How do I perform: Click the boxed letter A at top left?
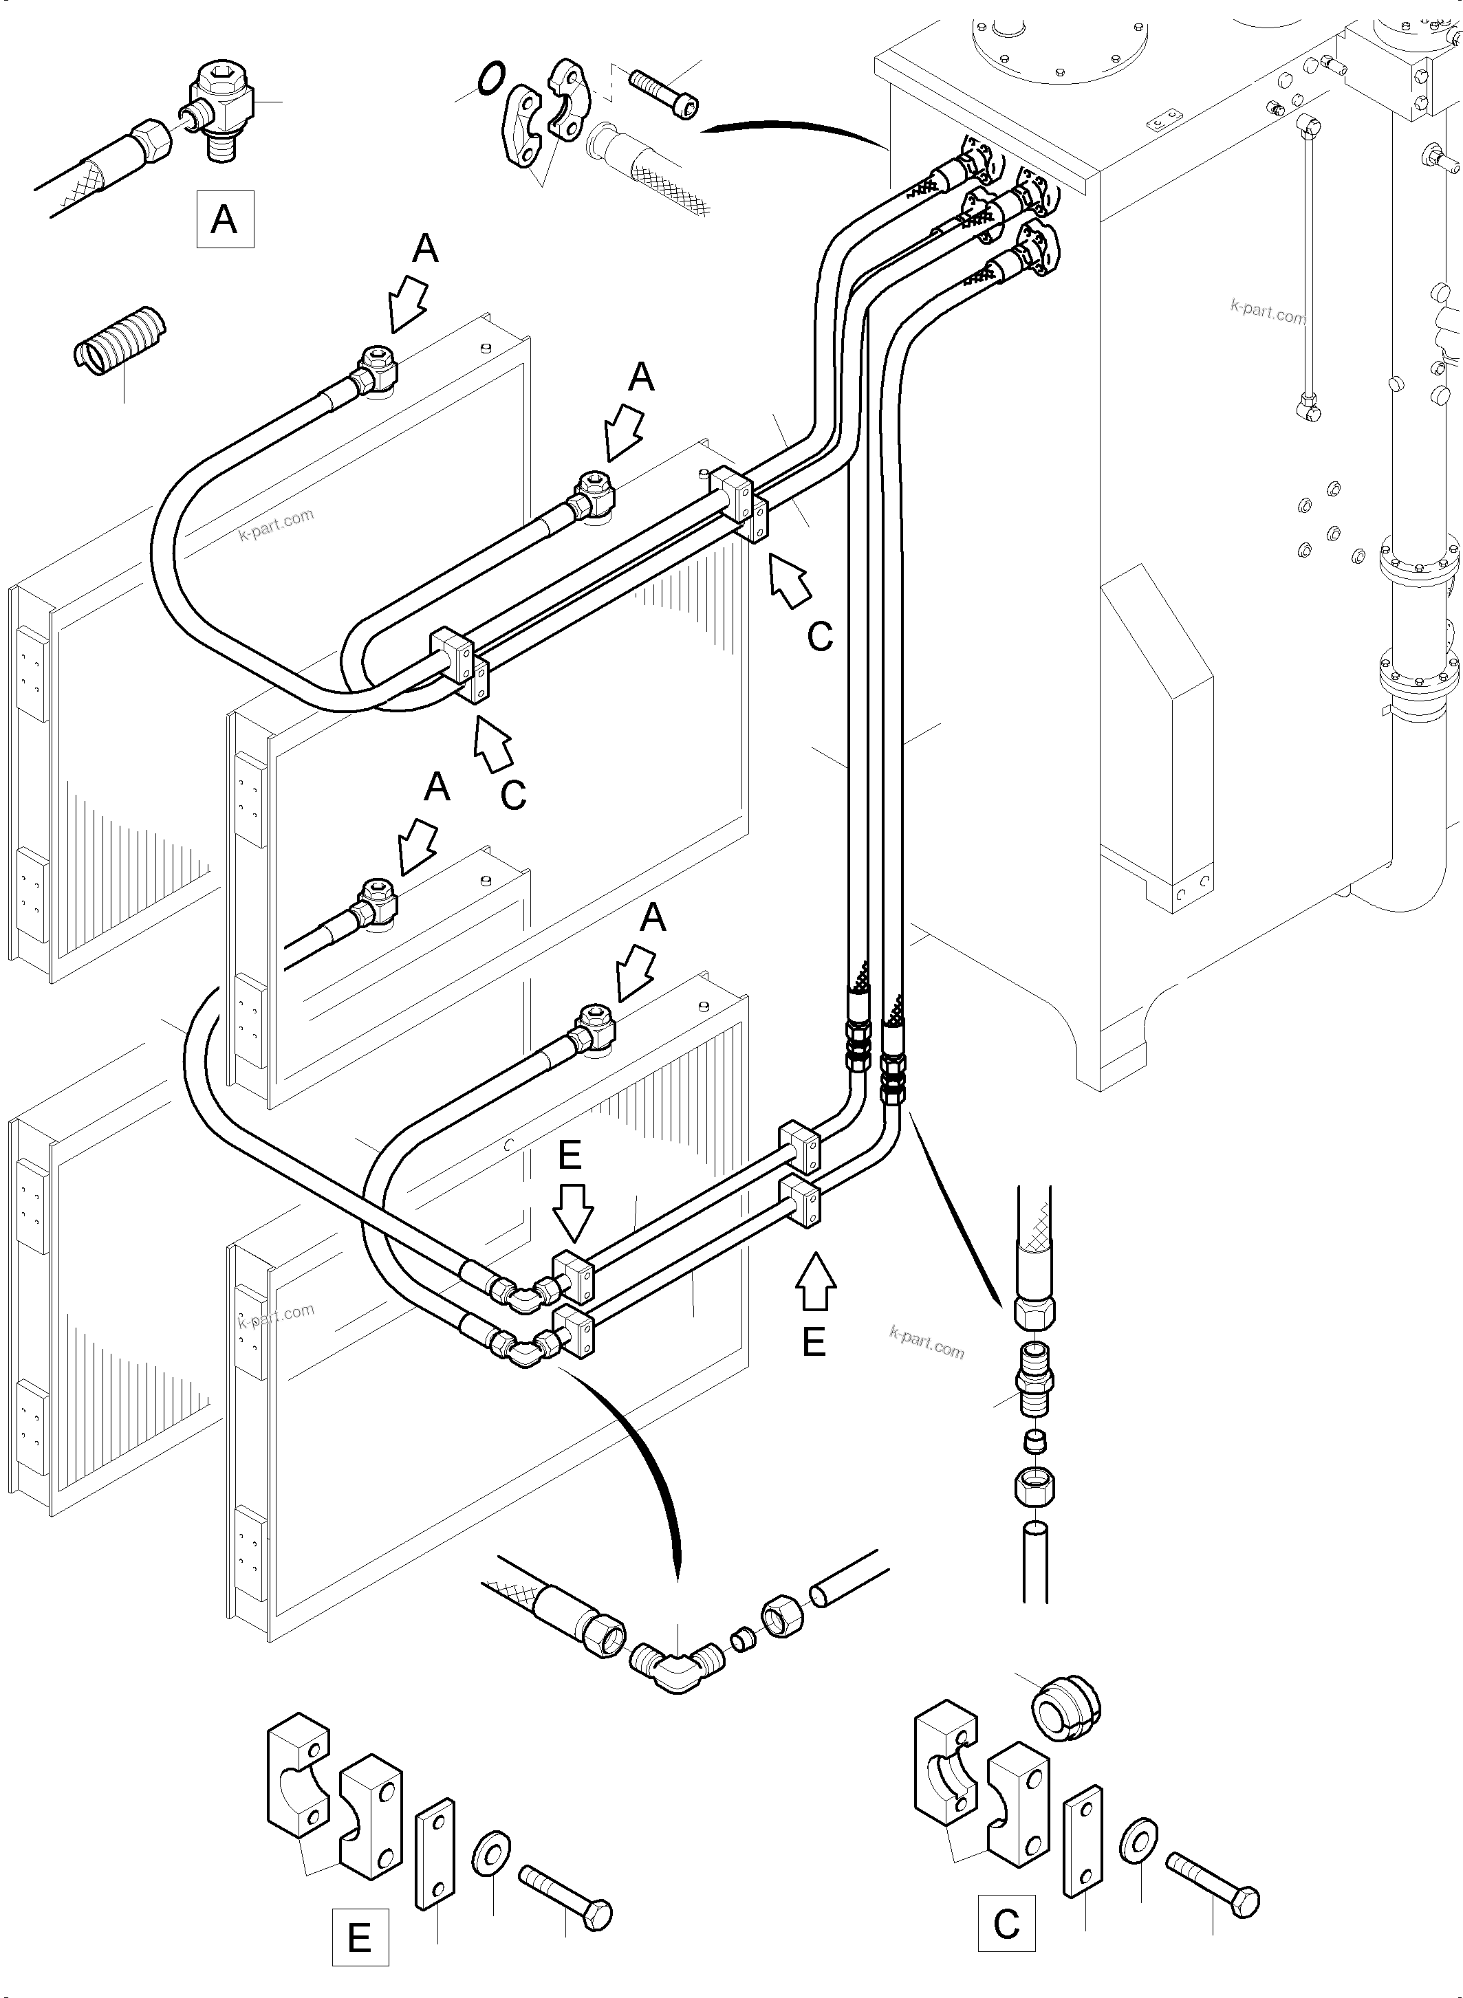(x=224, y=218)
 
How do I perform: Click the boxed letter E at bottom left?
(x=360, y=1937)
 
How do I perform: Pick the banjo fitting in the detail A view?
(x=221, y=118)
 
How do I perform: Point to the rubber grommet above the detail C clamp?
(x=1066, y=1705)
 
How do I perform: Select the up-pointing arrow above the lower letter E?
(x=816, y=1282)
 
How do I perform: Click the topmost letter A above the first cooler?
(x=425, y=249)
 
